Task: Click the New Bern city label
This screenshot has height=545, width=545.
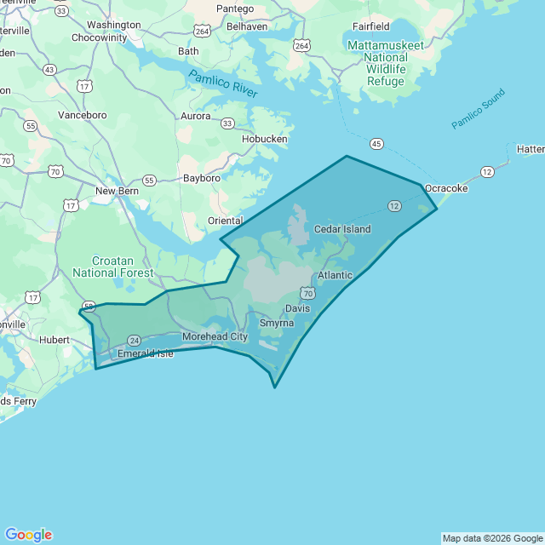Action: coord(117,191)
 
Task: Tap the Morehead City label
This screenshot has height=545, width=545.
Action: coord(215,337)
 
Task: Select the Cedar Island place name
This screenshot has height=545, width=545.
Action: coord(342,229)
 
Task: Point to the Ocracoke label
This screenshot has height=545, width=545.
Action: coord(446,188)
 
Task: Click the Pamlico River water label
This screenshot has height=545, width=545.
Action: coord(222,84)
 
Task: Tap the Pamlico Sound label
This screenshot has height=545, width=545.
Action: coord(478,109)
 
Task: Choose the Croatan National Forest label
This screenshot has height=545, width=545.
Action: coord(112,267)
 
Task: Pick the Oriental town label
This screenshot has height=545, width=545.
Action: coord(225,221)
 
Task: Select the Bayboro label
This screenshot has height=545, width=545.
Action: coord(202,178)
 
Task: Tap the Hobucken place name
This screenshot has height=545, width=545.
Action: coord(265,139)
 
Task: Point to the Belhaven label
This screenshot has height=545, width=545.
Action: coord(247,26)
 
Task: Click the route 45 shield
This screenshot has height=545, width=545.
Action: coord(377,143)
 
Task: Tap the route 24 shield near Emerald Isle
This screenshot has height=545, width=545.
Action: coord(134,340)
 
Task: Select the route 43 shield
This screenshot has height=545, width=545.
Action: coord(49,69)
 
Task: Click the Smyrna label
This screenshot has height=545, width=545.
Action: coord(276,324)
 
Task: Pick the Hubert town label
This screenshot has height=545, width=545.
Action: coord(54,339)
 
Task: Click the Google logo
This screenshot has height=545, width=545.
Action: coord(28,535)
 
